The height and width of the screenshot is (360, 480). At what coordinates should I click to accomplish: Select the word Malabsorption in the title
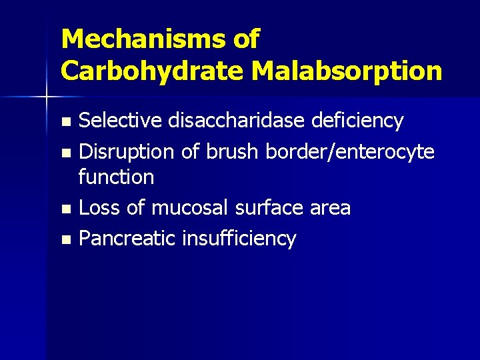click(x=345, y=70)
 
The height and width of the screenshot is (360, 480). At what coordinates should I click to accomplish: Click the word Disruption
click(x=127, y=152)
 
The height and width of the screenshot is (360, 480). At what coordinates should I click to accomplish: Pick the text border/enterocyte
click(x=350, y=152)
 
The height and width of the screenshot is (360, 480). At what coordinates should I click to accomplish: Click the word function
click(x=116, y=177)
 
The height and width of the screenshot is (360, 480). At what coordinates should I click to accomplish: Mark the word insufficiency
click(x=239, y=238)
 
